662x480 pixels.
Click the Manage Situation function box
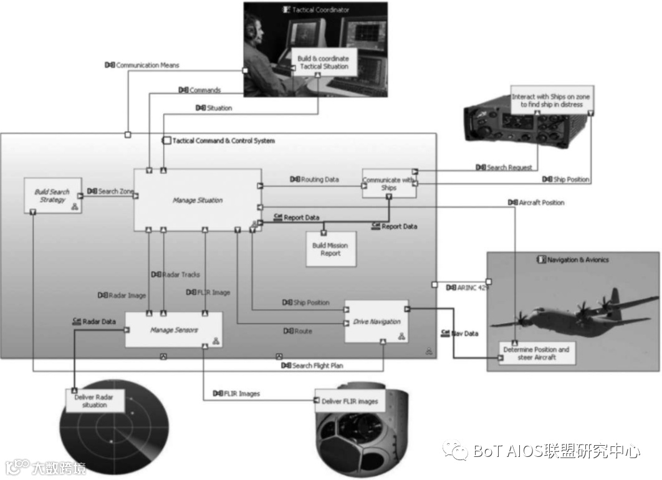tap(198, 200)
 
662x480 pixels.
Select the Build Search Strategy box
tap(52, 196)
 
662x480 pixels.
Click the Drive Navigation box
tap(377, 322)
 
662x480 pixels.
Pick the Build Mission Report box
tap(330, 249)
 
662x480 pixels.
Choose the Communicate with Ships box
tap(389, 184)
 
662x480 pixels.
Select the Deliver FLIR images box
tap(350, 401)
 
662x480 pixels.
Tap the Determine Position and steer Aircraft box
tap(536, 353)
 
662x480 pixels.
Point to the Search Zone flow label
tap(115, 191)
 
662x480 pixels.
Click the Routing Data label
tap(320, 180)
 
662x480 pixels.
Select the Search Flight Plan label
tap(317, 365)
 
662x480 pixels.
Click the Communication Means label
tap(147, 65)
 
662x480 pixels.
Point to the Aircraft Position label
tap(540, 203)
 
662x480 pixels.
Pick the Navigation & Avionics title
tap(576, 259)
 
